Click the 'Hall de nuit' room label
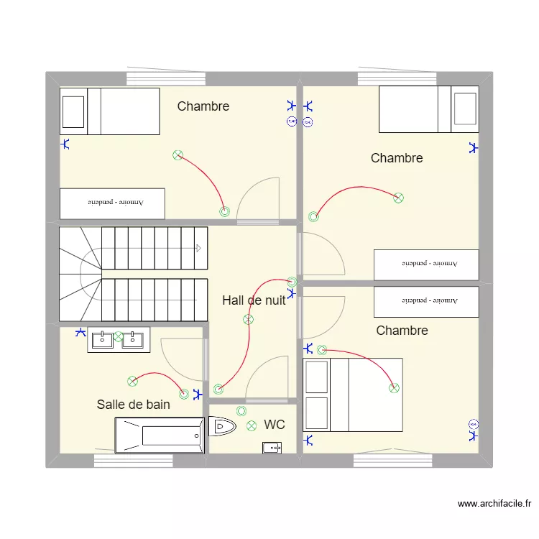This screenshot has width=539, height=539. [254, 300]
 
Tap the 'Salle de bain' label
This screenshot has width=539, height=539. [134, 405]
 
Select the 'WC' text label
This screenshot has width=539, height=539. [274, 425]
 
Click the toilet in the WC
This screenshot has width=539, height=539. [222, 428]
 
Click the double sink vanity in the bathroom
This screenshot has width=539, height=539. [119, 339]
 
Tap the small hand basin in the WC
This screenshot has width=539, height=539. [272, 448]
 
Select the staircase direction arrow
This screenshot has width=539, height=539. [198, 248]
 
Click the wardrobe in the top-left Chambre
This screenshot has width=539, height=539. [112, 203]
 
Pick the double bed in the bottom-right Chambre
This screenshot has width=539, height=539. [353, 395]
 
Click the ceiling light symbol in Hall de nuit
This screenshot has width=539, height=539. [249, 320]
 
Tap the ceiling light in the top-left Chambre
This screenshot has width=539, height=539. [178, 155]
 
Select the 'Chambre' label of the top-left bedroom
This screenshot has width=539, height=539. [203, 106]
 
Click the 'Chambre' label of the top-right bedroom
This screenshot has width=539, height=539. [397, 158]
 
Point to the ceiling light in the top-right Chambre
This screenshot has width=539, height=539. [399, 198]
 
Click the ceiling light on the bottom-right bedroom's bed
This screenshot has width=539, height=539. [394, 388]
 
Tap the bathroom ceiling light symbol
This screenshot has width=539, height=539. [132, 381]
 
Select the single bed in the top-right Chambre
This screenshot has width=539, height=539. [428, 109]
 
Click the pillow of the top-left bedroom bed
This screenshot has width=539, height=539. [73, 111]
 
